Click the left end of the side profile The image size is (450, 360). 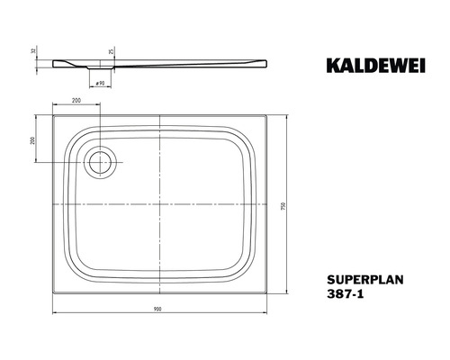coord(55,62)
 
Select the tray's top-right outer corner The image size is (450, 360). coord(269,114)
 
